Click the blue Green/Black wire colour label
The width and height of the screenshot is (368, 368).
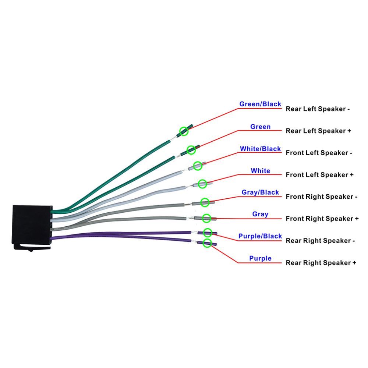tap(260, 104)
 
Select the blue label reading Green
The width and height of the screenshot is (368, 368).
tap(260, 127)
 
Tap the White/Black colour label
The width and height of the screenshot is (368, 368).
tap(260, 149)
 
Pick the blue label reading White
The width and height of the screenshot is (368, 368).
tap(260, 171)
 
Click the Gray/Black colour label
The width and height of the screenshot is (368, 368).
tap(260, 192)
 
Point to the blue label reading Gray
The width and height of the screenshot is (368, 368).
tap(260, 214)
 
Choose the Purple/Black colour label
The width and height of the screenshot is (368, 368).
tap(260, 236)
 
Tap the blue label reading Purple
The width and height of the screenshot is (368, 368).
tap(260, 258)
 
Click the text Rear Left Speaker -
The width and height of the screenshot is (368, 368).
tap(318, 109)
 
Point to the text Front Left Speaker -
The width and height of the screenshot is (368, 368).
tap(319, 153)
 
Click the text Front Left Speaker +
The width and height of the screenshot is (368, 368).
tap(320, 175)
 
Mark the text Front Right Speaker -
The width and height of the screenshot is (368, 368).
tap(322, 197)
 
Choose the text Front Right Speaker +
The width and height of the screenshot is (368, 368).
tap(322, 219)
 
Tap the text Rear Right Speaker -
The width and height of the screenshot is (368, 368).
tap(320, 241)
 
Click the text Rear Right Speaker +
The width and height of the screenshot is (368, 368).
tap(321, 263)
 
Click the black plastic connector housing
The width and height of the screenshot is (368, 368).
tap(32, 224)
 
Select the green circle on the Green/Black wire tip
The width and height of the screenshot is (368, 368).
tap(184, 131)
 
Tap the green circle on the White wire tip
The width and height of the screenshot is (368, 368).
tap(202, 184)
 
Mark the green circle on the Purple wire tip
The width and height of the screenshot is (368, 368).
tap(208, 243)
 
